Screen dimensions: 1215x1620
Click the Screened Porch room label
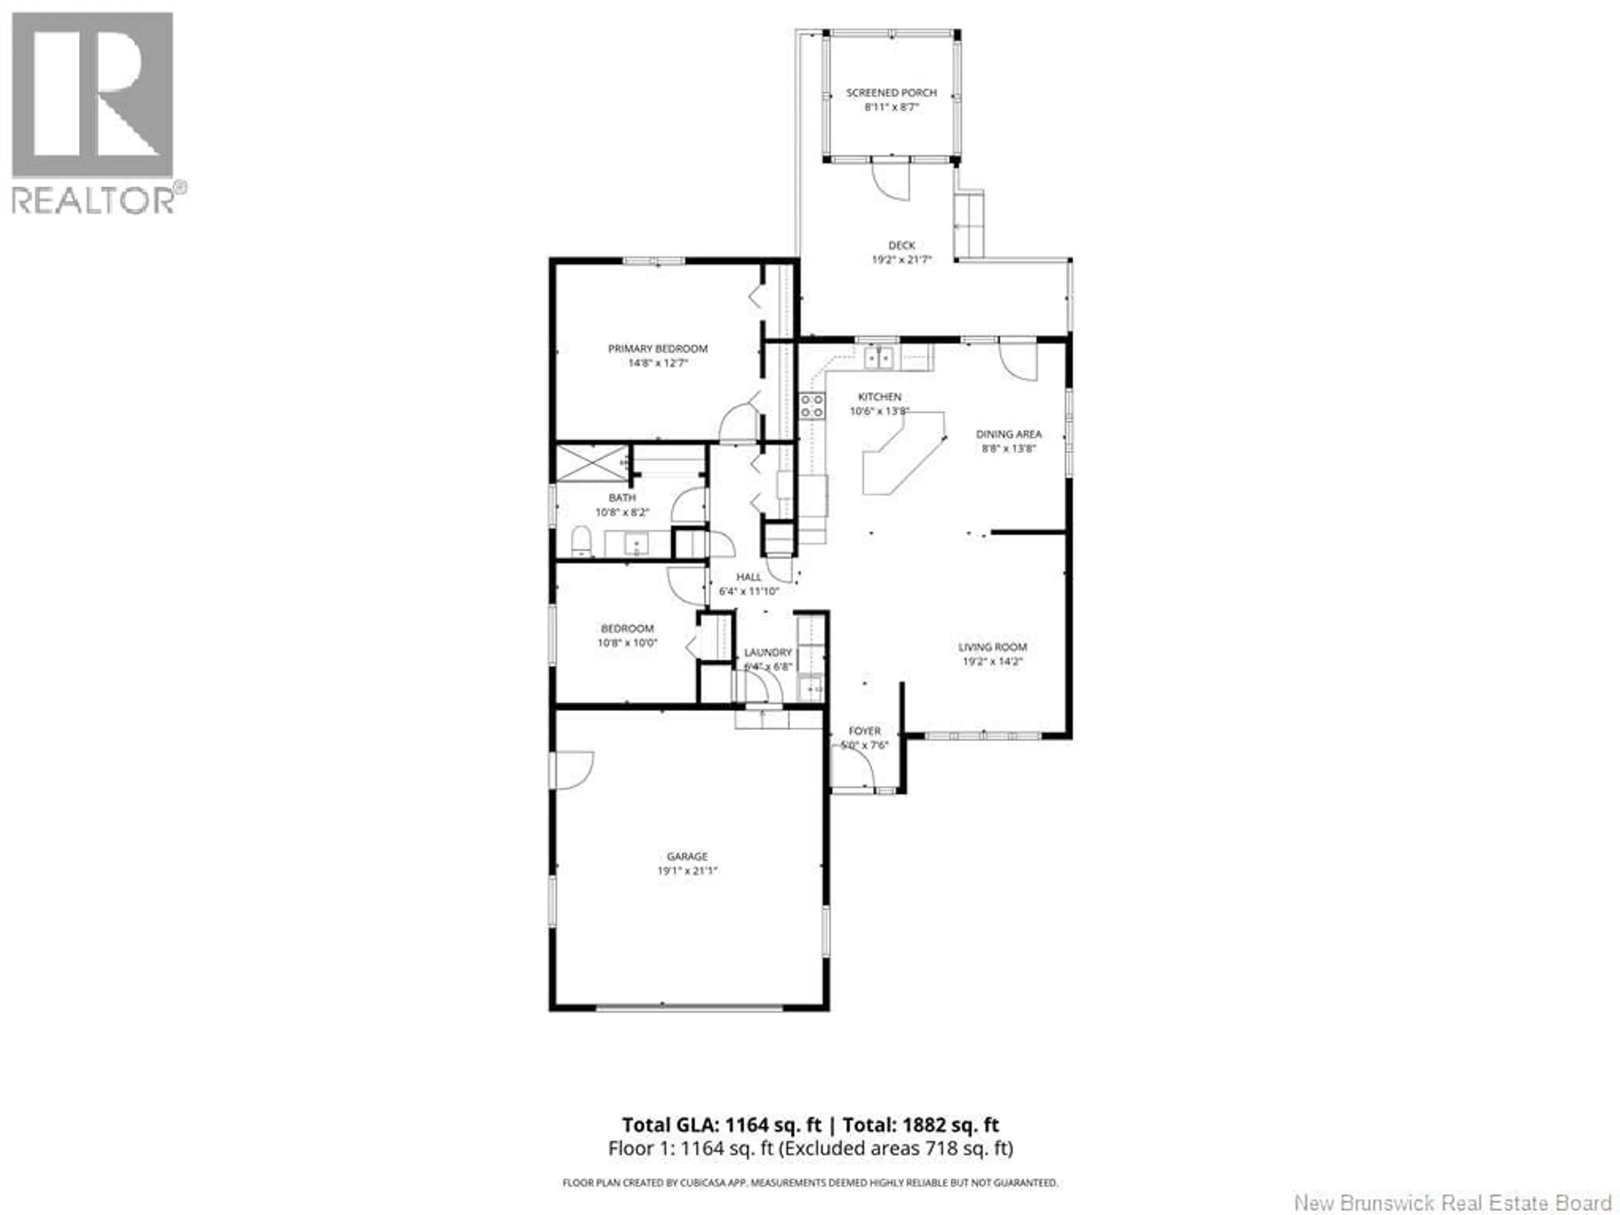click(891, 93)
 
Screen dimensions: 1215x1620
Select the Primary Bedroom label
click(658, 348)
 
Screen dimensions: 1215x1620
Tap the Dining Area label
click(1008, 434)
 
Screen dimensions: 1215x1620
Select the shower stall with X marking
click(592, 463)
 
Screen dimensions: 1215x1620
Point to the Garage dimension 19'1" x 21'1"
click(687, 871)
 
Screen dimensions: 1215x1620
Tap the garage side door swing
click(573, 770)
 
